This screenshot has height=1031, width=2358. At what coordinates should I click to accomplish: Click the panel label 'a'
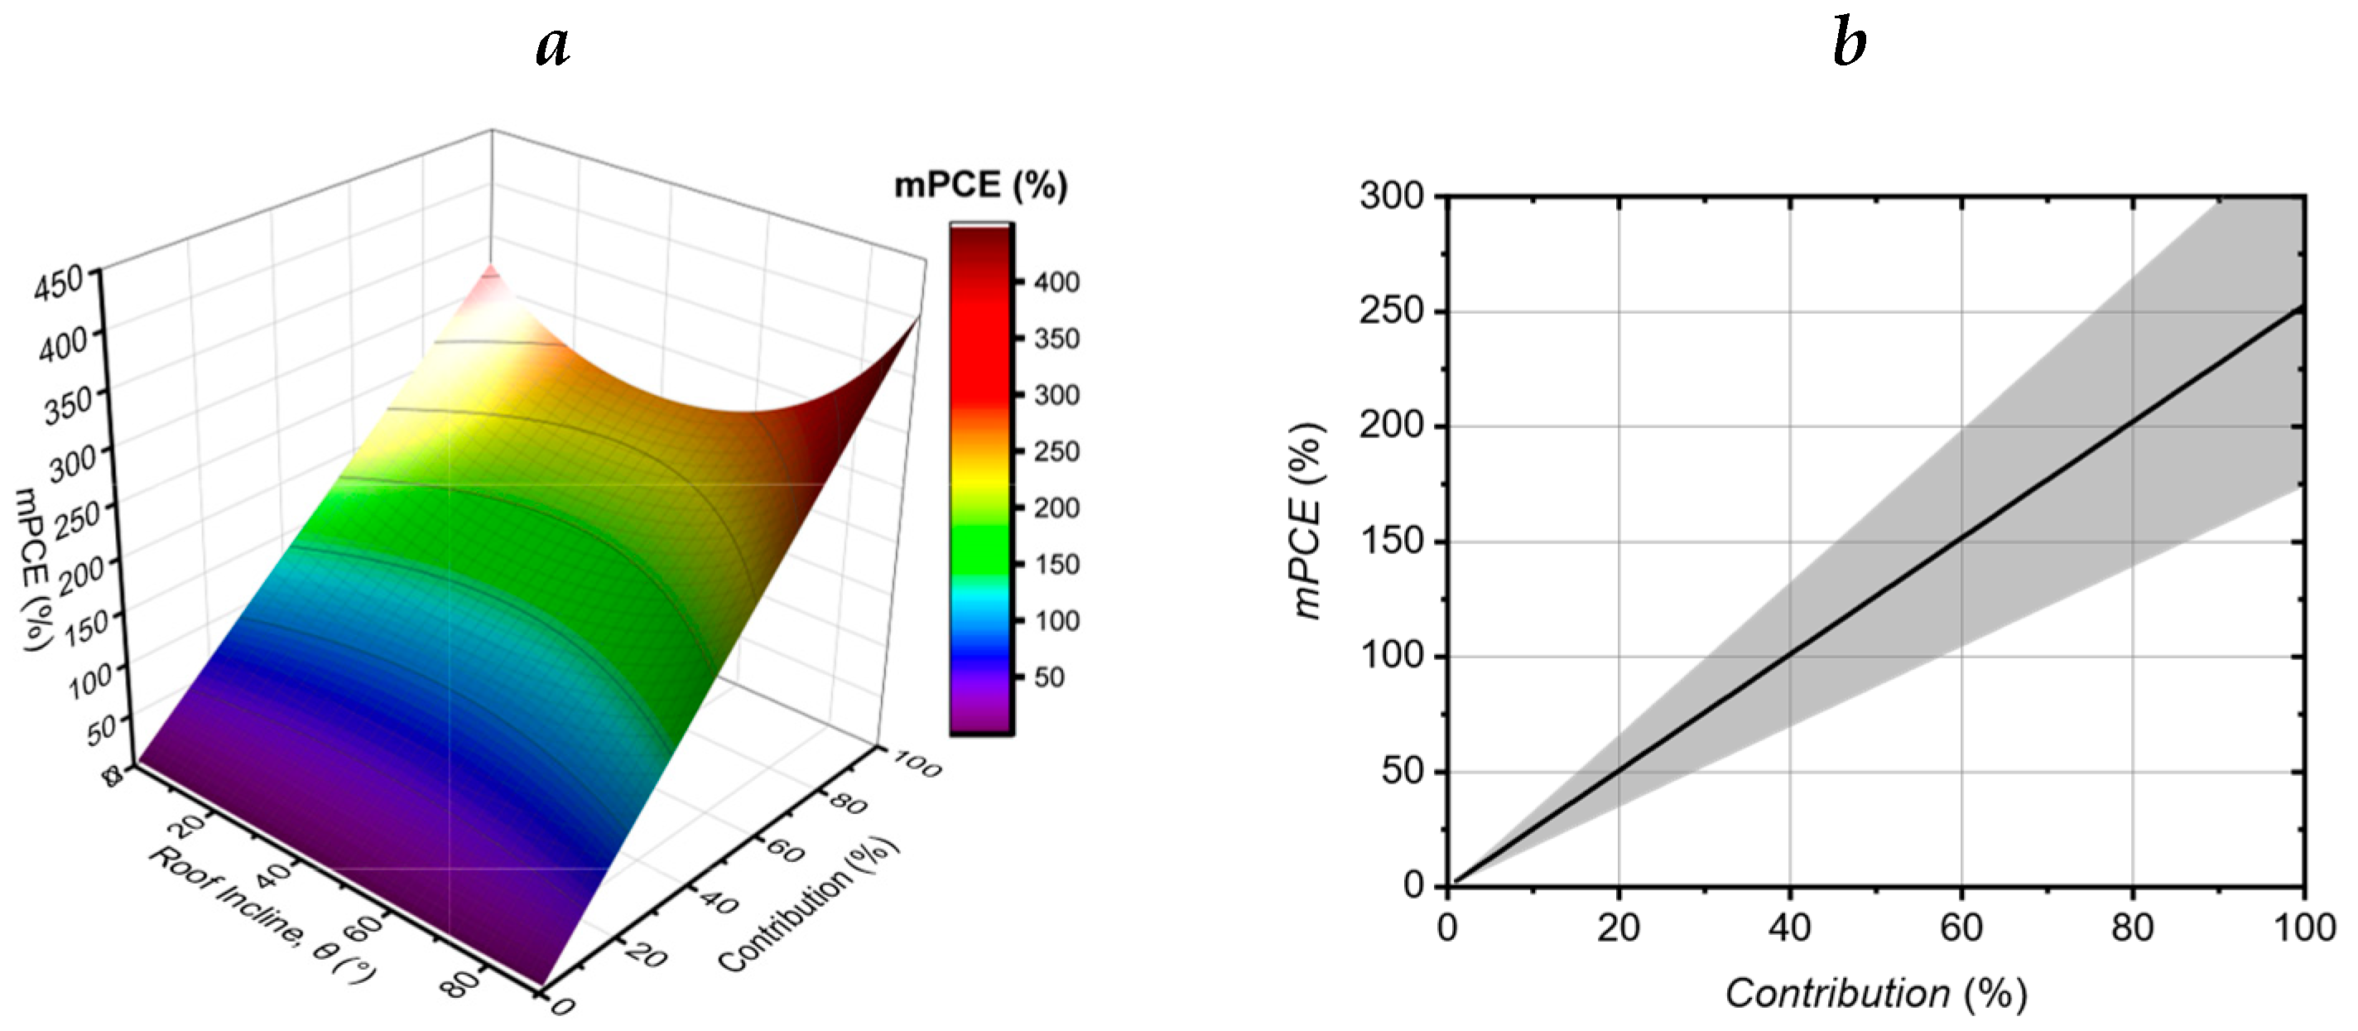(x=552, y=44)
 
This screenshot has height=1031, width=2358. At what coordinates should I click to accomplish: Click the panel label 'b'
(x=1850, y=44)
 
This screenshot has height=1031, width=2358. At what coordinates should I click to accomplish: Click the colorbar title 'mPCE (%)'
(x=980, y=185)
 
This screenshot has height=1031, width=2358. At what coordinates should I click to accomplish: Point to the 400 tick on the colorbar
(x=1056, y=282)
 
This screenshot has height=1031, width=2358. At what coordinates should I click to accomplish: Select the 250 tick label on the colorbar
(x=1056, y=451)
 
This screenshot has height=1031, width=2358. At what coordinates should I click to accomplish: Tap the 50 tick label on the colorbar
(x=1049, y=677)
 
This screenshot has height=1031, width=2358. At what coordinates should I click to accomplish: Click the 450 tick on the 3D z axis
(x=59, y=282)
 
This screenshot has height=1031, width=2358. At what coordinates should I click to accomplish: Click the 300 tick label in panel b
(x=1391, y=196)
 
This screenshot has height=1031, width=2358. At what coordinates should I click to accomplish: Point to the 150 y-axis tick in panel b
(x=1391, y=541)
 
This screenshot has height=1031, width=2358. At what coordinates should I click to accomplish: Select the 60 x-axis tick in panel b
(x=1961, y=927)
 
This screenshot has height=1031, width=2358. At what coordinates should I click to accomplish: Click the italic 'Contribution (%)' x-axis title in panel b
(x=1875, y=994)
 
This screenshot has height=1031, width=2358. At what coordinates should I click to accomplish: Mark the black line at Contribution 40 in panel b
(x=1789, y=655)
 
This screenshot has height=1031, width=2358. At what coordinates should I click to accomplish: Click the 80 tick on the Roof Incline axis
(x=462, y=985)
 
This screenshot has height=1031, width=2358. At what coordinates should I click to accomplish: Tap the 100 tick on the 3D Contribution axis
(x=917, y=763)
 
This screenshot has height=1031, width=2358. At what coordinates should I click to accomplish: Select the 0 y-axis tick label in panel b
(x=1413, y=884)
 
